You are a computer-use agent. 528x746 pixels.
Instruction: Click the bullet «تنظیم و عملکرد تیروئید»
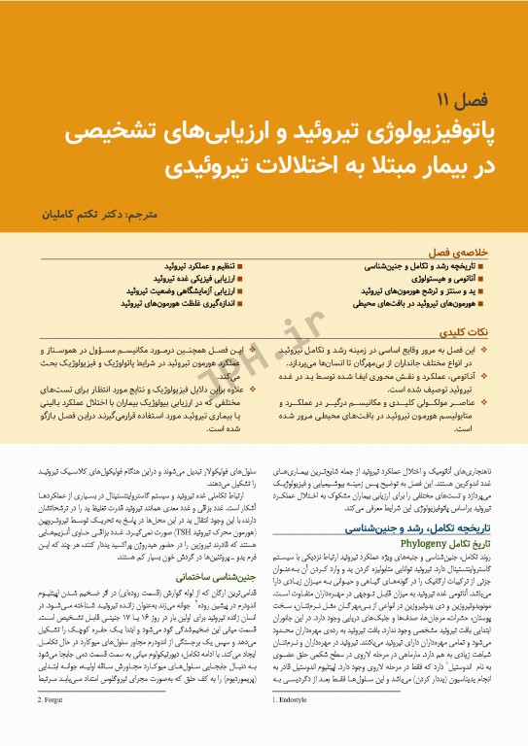coord(189,264)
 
